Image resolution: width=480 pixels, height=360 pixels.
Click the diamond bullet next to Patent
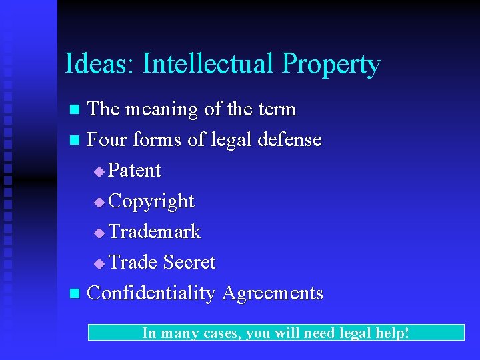coord(99,172)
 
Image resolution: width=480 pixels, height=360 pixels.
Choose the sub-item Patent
coord(134,171)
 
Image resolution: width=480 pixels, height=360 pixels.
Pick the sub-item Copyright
coord(151,201)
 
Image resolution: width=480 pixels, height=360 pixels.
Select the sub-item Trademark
coord(154,231)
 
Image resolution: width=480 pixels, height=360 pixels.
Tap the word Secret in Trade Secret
coord(189,262)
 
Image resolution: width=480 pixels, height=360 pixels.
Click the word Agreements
coord(273,293)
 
